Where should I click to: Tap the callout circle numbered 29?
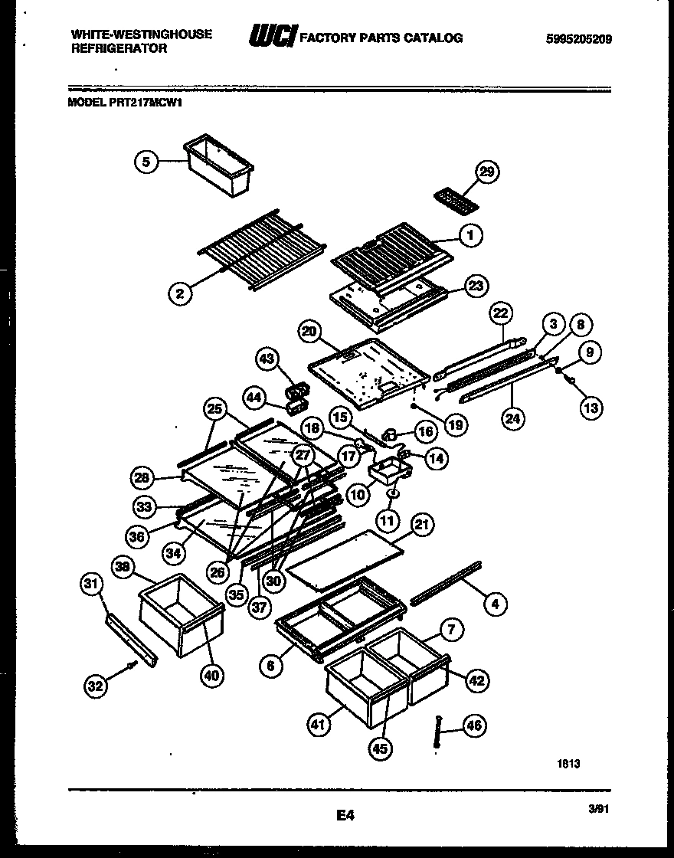tap(485, 172)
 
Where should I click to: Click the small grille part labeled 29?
tap(455, 201)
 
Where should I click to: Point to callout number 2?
tap(180, 293)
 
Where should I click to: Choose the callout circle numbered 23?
tap(476, 286)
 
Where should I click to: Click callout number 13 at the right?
tap(591, 408)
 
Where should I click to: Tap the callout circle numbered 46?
tap(474, 725)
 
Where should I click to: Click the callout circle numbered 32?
tap(95, 687)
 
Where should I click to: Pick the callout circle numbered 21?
tap(420, 525)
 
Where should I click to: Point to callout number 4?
tap(495, 604)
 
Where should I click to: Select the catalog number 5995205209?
tap(580, 39)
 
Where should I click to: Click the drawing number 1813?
tap(569, 763)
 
